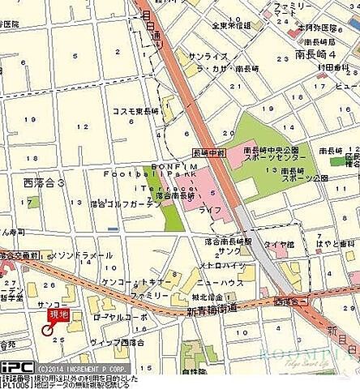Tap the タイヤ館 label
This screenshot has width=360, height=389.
pyautogui.click(x=277, y=242)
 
